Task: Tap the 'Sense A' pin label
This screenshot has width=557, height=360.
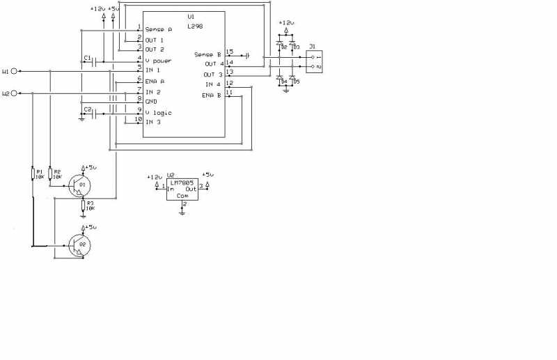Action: pyautogui.click(x=159, y=29)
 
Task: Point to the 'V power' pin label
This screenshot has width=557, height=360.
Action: pyautogui.click(x=158, y=61)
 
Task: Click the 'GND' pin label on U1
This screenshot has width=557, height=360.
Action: pyautogui.click(x=151, y=102)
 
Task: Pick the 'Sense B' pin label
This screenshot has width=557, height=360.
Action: pyautogui.click(x=207, y=54)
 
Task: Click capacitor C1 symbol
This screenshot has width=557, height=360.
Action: pyautogui.click(x=93, y=62)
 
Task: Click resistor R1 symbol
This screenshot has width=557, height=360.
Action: pyautogui.click(x=33, y=175)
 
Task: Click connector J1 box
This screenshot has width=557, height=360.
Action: pyautogui.click(x=315, y=61)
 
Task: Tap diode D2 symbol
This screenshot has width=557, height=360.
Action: pyautogui.click(x=279, y=44)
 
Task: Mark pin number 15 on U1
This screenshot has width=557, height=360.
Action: pyautogui.click(x=229, y=52)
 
